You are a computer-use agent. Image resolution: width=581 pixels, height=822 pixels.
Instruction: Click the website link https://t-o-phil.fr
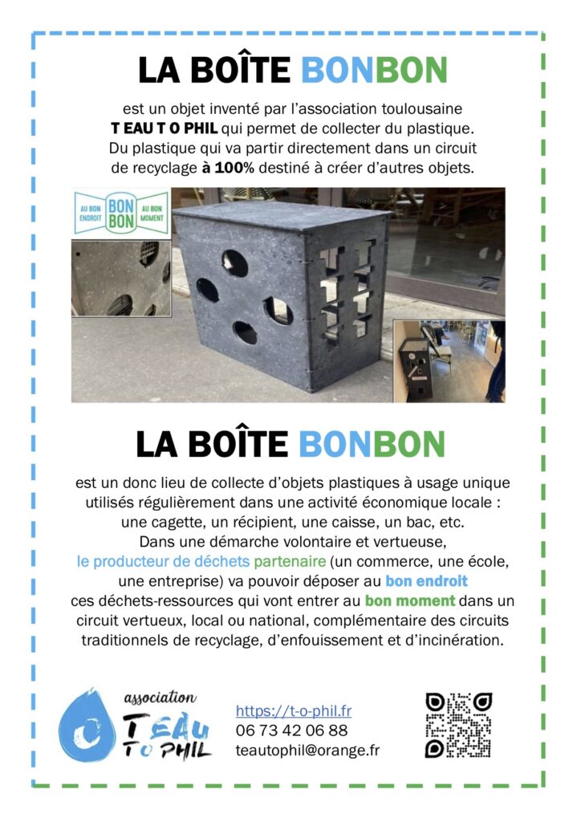tap(293, 710)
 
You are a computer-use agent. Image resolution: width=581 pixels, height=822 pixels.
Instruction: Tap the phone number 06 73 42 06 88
tap(291, 730)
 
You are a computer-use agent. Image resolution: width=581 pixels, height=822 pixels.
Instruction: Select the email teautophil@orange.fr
tap(307, 750)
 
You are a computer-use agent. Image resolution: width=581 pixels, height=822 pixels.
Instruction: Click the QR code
tap(458, 726)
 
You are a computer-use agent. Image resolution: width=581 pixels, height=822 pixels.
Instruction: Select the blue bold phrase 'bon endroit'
tap(426, 580)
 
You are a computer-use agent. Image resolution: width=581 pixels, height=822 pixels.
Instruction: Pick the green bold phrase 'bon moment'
tap(410, 601)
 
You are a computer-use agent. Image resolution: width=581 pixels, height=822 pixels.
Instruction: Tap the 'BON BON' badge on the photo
tap(120, 212)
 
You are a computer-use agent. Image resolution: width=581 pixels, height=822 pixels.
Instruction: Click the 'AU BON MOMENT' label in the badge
tap(152, 213)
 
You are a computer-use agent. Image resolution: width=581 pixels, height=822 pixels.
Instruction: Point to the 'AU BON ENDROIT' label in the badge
tap(89, 213)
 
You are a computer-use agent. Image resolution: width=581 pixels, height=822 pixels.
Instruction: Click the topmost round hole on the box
tap(235, 262)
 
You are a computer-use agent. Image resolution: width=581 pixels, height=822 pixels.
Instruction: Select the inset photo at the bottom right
tap(449, 360)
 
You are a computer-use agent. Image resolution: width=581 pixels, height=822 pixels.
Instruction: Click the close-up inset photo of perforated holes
tap(120, 278)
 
